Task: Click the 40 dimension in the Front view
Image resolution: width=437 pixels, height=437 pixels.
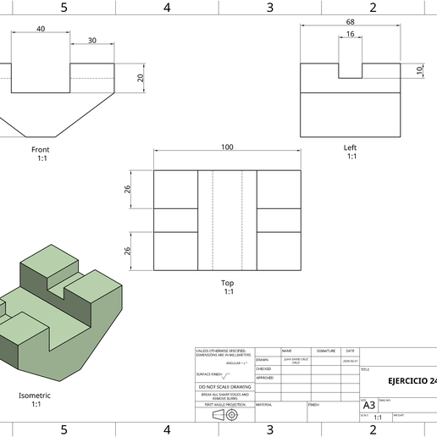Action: [41, 29]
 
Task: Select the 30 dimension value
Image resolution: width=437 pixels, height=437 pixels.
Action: [91, 41]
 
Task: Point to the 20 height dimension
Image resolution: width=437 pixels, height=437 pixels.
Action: [141, 78]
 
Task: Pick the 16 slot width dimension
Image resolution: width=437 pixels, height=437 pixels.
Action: [350, 35]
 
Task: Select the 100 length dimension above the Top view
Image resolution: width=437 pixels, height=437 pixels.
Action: [227, 147]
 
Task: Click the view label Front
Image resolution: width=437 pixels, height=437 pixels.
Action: [41, 149]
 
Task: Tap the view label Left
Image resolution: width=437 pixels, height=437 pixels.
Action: [350, 147]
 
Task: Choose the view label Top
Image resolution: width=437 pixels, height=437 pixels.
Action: [227, 283]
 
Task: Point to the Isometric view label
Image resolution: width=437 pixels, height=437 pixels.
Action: [36, 396]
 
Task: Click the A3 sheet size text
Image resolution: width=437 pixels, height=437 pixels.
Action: [368, 405]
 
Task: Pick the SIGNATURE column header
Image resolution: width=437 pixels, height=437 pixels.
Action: [325, 351]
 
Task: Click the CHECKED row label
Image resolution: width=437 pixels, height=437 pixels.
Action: [264, 369]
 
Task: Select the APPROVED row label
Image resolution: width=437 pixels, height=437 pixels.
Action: [265, 379]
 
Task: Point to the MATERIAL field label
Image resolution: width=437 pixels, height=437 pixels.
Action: [264, 405]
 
